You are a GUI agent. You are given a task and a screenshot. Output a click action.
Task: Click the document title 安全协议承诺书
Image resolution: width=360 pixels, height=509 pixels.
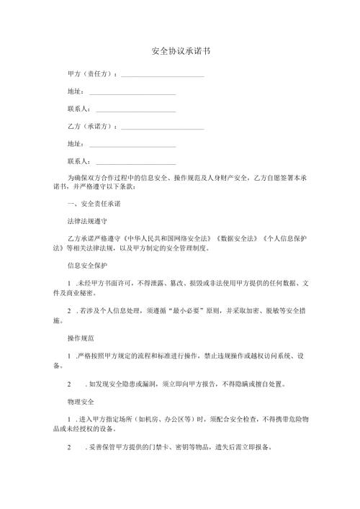pyautogui.click(x=180, y=53)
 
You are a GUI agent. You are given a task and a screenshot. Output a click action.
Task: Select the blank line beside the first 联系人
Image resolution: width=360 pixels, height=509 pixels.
pyautogui.click(x=135, y=110)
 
